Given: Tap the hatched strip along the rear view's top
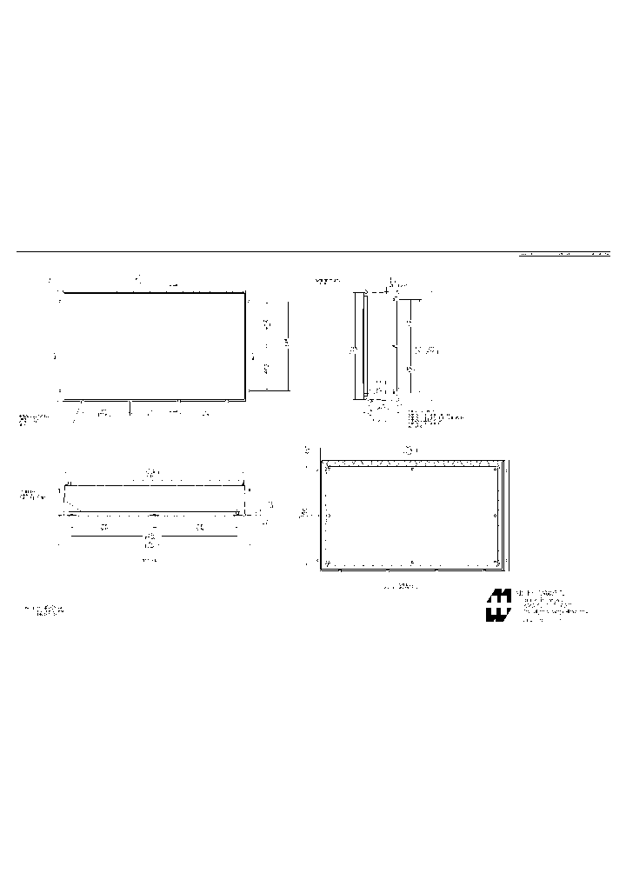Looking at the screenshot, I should click(x=412, y=463).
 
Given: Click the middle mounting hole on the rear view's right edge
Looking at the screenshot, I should click(x=496, y=516).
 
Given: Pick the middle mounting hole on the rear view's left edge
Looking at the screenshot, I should click(x=329, y=516).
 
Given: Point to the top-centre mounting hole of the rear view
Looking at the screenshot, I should click(x=412, y=470).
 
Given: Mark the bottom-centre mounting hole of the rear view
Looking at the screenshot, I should click(x=412, y=562).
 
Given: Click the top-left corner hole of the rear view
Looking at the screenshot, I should click(x=329, y=470).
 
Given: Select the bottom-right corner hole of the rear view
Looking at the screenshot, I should click(x=496, y=563).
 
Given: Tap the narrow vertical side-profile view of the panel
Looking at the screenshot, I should click(x=360, y=346).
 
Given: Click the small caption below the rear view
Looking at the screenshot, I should click(x=402, y=586).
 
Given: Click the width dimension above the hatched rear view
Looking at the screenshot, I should click(x=411, y=450).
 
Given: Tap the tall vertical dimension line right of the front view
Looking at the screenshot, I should click(x=286, y=347).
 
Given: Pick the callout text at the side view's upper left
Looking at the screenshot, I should click(x=328, y=282).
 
